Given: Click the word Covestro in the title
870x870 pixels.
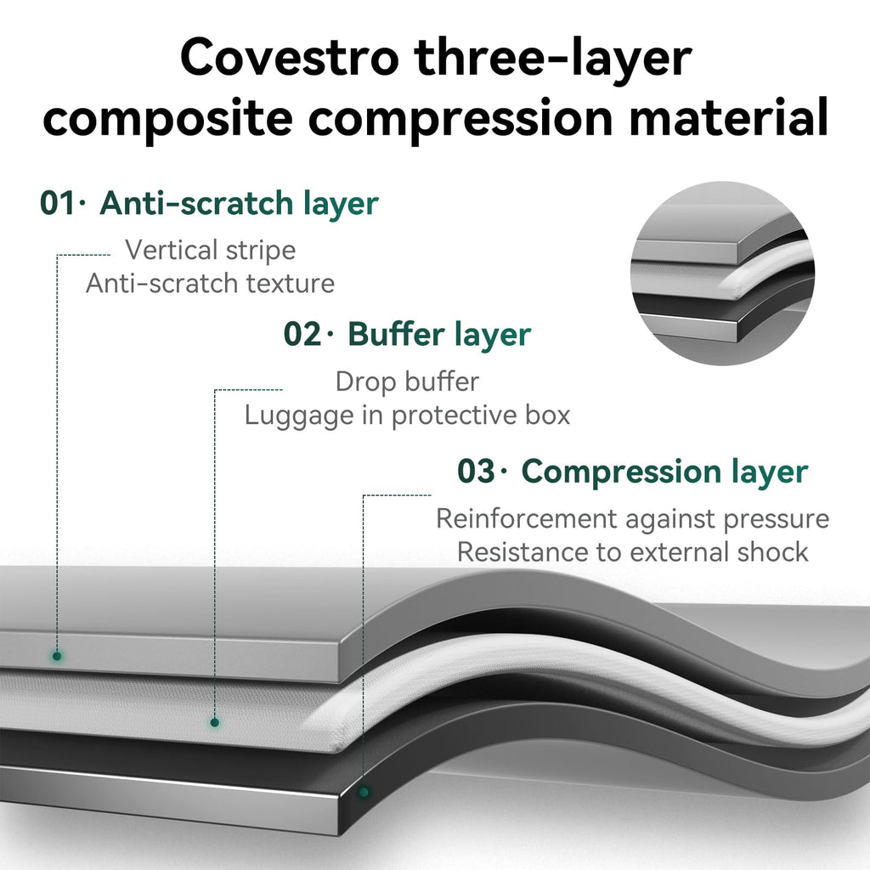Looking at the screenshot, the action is [289, 58].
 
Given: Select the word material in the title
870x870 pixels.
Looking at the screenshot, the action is [728, 116].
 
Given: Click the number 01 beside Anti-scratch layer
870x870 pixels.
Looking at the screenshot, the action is [57, 203].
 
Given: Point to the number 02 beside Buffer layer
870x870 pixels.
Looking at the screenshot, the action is [302, 334].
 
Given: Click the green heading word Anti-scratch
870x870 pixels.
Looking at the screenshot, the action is [196, 203].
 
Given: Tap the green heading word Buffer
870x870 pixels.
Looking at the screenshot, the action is [396, 334].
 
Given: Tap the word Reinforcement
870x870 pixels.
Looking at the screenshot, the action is [527, 519].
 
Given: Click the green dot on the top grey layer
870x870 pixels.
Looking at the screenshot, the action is [57, 656].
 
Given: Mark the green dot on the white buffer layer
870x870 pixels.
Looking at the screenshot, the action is [214, 722].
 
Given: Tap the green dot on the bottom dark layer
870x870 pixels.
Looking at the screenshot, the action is [364, 793].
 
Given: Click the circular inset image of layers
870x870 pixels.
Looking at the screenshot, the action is [722, 274].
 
